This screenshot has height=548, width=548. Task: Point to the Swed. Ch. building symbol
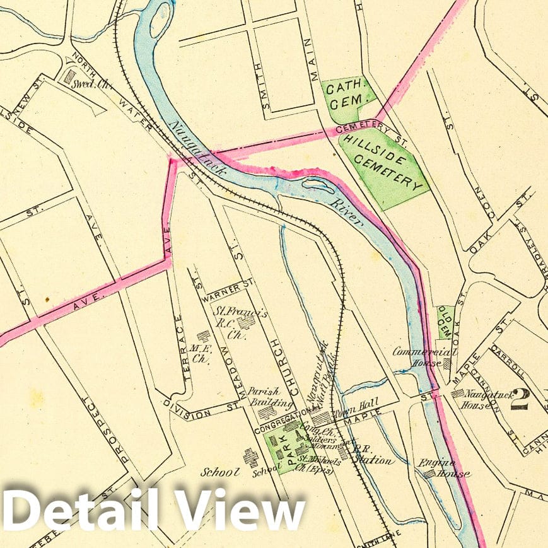coord(69,76)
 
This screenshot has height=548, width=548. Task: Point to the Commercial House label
coord(419,357)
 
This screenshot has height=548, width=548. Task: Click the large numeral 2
coord(520,399)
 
